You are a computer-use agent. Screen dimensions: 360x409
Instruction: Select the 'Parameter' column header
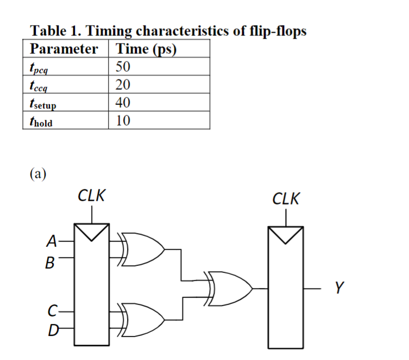[x=64, y=49]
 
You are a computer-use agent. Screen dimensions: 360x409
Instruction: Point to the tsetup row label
[x=43, y=103]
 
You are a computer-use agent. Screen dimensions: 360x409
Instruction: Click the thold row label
[x=41, y=121]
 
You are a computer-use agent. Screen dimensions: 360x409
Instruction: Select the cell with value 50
[x=123, y=67]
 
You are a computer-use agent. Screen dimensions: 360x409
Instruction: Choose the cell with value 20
[x=123, y=85]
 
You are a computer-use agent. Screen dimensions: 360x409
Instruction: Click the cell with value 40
[x=123, y=103]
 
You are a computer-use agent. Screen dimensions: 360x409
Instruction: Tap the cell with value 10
[x=123, y=121]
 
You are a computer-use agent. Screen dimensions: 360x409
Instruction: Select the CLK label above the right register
[x=286, y=199]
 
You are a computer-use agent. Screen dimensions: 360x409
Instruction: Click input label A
[x=52, y=240]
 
